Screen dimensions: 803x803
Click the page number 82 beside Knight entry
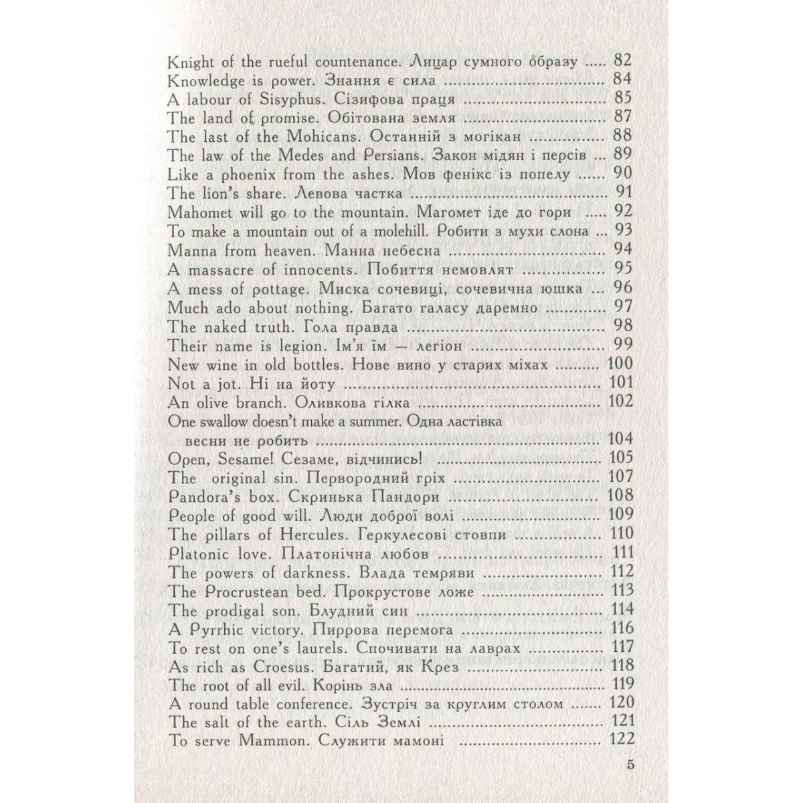tap(622, 62)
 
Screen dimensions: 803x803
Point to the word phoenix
tap(224, 175)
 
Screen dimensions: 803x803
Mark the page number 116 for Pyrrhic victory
tap(619, 630)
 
